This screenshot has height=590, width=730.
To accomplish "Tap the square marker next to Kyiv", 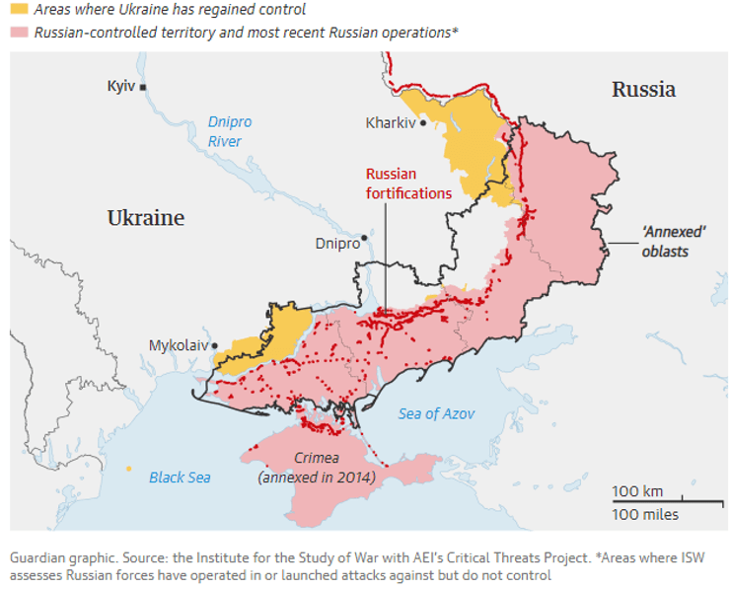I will [x=143, y=88].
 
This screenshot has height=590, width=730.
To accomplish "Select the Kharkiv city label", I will [x=390, y=123].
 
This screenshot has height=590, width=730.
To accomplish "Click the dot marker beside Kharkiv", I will [x=423, y=124].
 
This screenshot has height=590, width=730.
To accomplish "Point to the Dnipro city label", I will [x=335, y=243].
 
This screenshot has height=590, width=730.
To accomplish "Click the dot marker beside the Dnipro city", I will [x=364, y=238].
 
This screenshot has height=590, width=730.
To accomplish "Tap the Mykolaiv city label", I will [x=179, y=345].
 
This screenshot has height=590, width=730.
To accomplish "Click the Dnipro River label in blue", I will [x=229, y=131].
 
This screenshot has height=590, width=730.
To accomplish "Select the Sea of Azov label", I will [x=436, y=413].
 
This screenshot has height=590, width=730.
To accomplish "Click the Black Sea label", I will [x=180, y=478].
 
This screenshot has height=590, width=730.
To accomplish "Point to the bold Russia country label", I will [x=643, y=90].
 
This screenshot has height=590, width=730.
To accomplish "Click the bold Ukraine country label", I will [x=145, y=218].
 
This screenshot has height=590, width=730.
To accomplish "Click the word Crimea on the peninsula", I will [x=317, y=459].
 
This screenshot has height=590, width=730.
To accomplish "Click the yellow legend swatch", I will [x=19, y=10].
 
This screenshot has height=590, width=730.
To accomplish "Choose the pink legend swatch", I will [x=19, y=33].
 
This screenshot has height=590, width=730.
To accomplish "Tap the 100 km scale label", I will [x=637, y=491].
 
